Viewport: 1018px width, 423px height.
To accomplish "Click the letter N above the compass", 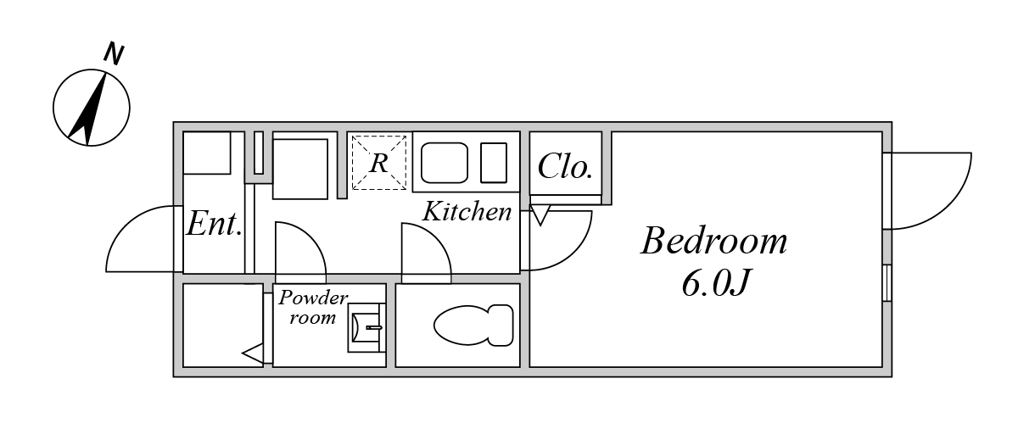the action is coord(114,54).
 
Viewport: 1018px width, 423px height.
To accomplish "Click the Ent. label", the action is coord(214,224).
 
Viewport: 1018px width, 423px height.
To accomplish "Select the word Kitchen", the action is coord(467,212).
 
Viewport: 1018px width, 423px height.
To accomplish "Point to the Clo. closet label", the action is coord(565,166).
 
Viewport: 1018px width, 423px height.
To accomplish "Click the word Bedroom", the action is coord(713,242).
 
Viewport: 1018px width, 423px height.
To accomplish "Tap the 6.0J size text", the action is coord(714,283).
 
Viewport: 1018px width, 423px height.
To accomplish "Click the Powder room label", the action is coord(313,307).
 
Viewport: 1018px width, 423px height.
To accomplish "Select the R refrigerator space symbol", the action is coord(379,163).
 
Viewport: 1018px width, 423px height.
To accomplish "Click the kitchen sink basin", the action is coord(445,163).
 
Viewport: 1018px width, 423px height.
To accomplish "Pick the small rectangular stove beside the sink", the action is coord(494,163).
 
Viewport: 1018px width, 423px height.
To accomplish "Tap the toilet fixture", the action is coord(473,326).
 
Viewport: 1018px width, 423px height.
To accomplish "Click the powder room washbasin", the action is coord(366,327).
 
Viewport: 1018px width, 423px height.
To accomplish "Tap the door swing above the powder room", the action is coord(300,248).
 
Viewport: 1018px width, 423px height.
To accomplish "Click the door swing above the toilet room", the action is coord(426,248).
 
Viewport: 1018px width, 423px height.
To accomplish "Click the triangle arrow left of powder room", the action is coord(253,354).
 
